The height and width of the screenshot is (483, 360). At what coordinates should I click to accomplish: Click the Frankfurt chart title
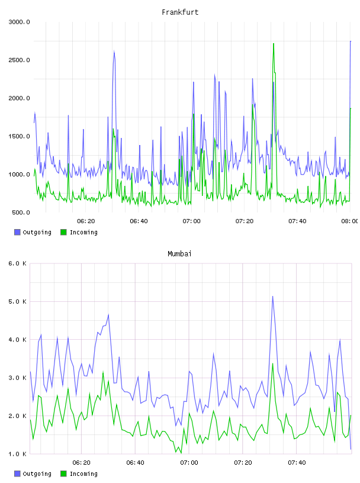coord(180,12)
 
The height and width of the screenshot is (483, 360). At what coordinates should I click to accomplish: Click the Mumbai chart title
coord(179,254)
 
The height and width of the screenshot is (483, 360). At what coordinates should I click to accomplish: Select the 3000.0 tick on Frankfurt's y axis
coord(19,22)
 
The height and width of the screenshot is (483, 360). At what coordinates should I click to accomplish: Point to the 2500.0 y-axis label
coord(19,60)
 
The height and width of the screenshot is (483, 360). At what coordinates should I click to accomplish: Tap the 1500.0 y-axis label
coord(19,137)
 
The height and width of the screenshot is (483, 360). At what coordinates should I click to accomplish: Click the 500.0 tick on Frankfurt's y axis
coord(21,212)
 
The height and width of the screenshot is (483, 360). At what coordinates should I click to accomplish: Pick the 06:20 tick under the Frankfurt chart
coord(86,221)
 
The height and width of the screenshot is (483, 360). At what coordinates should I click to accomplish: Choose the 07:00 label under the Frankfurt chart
coord(191,221)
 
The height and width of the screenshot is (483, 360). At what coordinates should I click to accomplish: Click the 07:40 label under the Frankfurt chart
coord(297,221)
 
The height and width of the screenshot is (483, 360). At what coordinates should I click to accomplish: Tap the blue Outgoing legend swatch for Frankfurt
coord(17,232)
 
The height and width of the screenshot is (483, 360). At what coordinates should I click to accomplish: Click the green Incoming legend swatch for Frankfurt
coord(63,232)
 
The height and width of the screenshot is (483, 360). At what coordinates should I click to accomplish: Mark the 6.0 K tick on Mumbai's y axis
coord(18,263)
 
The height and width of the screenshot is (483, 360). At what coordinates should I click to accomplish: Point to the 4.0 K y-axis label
coord(18,340)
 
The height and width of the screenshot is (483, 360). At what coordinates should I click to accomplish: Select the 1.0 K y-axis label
coord(18,454)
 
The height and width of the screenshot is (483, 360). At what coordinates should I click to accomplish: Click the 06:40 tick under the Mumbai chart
coord(136,463)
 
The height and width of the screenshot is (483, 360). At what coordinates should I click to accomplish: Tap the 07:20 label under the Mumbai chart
coord(243,463)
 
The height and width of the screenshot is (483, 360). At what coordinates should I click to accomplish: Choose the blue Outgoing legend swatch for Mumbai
coord(17,474)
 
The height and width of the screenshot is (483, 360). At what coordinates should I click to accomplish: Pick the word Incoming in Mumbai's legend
coord(83,474)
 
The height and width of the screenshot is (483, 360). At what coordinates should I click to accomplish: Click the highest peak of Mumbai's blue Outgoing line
coord(272,297)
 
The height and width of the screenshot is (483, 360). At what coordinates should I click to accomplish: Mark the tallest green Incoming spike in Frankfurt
coord(274,44)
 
